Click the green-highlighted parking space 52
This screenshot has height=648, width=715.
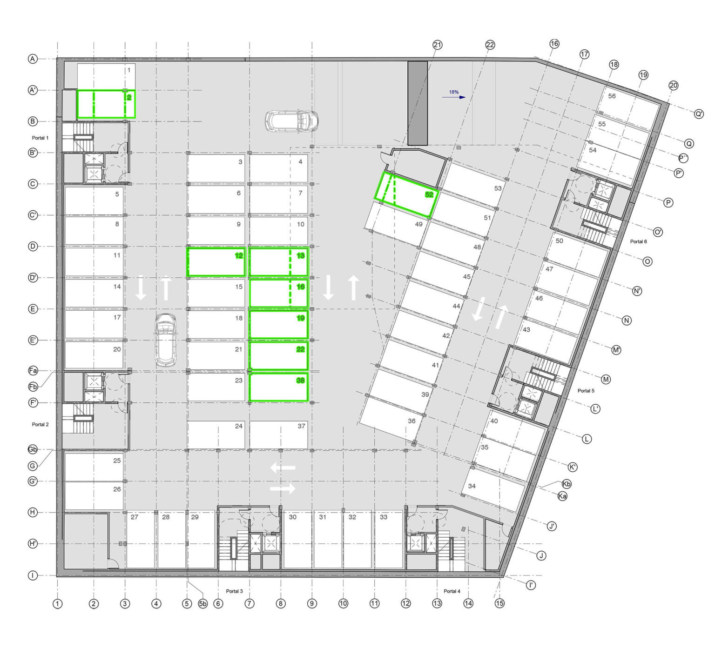(x=406, y=194)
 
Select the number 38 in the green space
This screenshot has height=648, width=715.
(x=300, y=380)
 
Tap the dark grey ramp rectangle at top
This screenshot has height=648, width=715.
(x=418, y=103)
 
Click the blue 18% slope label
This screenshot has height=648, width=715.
(x=454, y=92)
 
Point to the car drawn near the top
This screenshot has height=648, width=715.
(x=292, y=121)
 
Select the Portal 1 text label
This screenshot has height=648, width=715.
(x=40, y=138)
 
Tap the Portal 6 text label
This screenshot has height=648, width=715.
(x=638, y=241)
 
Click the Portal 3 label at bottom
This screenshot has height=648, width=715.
(x=234, y=591)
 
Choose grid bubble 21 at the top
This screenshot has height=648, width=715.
(x=437, y=45)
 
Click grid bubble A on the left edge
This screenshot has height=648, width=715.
(x=33, y=59)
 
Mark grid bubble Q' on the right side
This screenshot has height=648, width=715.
(x=699, y=114)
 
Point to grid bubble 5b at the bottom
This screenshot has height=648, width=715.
(x=203, y=604)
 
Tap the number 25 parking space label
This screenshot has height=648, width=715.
(x=117, y=461)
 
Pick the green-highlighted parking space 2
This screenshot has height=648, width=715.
(x=106, y=104)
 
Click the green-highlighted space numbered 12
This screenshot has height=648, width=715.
(x=216, y=262)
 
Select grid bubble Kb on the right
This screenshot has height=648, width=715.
(x=567, y=484)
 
